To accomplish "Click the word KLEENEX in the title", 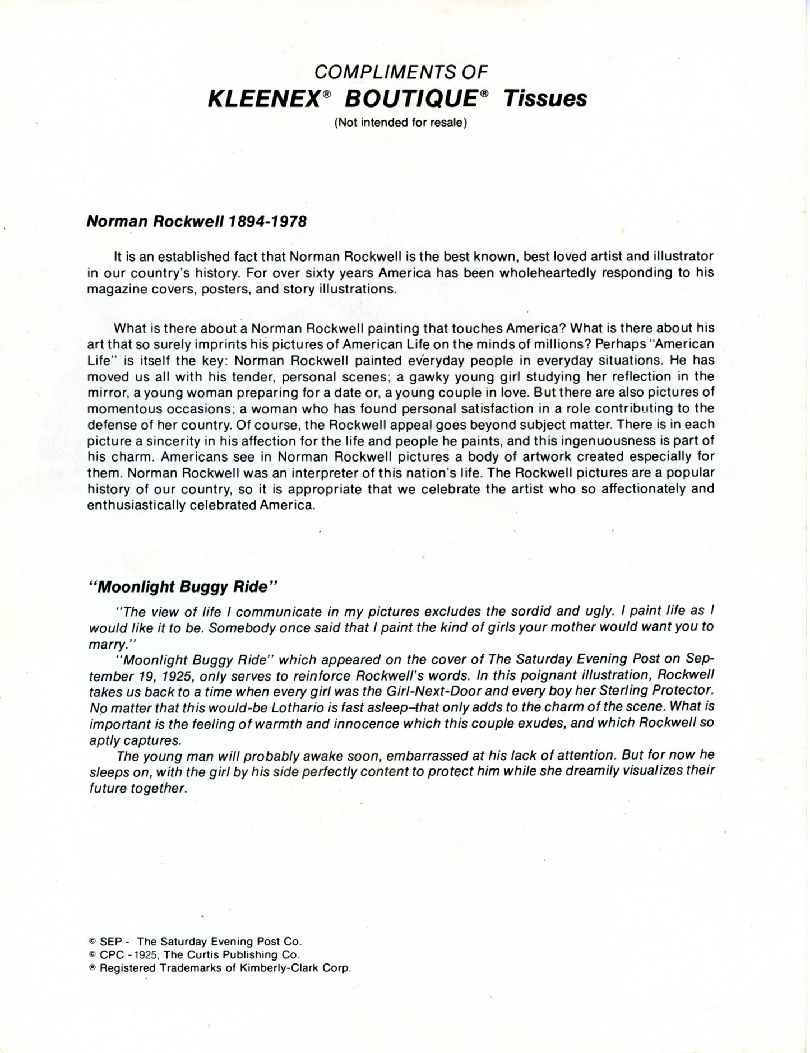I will (x=264, y=99).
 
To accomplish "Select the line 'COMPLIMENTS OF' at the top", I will (x=401, y=72).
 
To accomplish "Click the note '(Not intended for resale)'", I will (x=401, y=123).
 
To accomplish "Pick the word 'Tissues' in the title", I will (x=545, y=99).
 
